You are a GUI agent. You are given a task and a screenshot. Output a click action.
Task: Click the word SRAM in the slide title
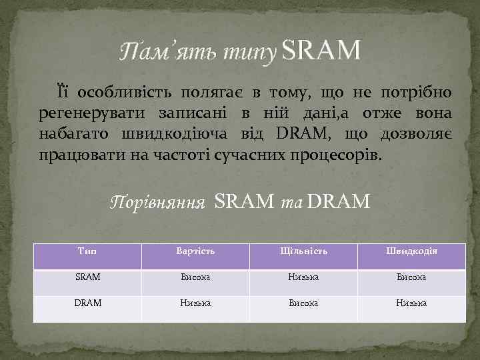(x=321, y=49)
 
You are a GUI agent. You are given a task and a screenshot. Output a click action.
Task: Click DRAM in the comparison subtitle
(x=339, y=200)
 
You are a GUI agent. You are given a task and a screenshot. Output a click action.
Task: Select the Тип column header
(x=87, y=251)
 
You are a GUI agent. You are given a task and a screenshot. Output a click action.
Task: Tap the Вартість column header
(x=195, y=251)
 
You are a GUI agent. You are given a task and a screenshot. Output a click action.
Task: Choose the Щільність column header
(x=304, y=251)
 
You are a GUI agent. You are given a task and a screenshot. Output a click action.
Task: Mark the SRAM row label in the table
(x=87, y=277)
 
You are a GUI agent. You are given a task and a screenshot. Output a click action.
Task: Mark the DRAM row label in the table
(x=87, y=303)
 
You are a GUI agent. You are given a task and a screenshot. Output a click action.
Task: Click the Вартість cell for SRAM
(x=195, y=277)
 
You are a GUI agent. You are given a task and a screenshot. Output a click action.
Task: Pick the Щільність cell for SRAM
(x=304, y=277)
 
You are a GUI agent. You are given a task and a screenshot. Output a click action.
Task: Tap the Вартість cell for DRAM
(x=195, y=303)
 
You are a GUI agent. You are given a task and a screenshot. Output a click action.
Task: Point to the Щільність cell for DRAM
(x=304, y=303)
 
